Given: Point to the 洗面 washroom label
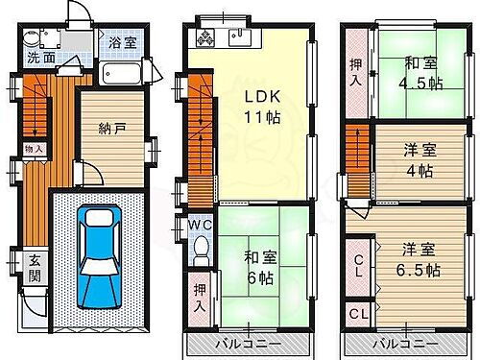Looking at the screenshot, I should point(41,58).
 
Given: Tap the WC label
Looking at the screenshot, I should point(200,226).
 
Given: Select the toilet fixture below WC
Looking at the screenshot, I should point(201,252).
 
